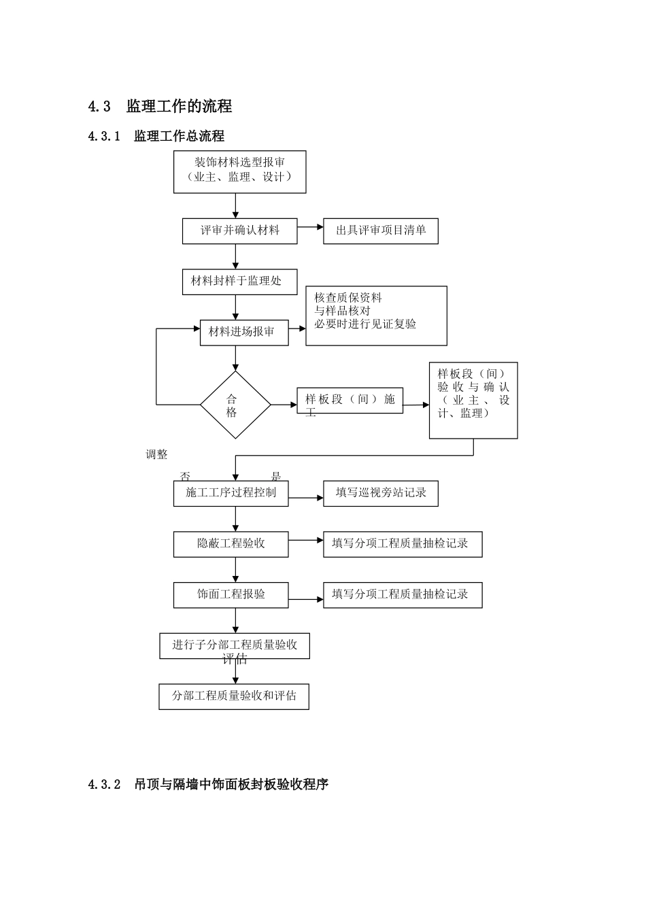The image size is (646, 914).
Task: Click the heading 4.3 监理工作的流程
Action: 160,106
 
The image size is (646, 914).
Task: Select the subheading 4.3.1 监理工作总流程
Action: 156,136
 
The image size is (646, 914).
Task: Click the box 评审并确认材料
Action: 240,231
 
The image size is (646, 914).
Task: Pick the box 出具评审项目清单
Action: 381,231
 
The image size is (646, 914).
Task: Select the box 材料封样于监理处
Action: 240,282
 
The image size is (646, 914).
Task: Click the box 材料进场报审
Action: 244,333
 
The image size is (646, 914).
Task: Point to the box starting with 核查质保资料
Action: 376,316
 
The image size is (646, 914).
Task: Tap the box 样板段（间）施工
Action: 350,400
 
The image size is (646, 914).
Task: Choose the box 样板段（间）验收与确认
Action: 473,400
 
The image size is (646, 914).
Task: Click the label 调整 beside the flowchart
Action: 156,454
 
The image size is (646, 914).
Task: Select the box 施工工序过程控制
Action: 231,493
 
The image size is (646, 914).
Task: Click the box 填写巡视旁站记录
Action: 381,493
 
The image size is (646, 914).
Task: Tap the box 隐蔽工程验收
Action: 231,543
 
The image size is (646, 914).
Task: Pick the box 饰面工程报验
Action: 231,594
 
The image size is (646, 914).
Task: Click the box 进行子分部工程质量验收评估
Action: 235,645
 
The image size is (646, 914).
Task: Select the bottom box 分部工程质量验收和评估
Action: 234,696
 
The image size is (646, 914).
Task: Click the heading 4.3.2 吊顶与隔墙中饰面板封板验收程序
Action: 208,784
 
